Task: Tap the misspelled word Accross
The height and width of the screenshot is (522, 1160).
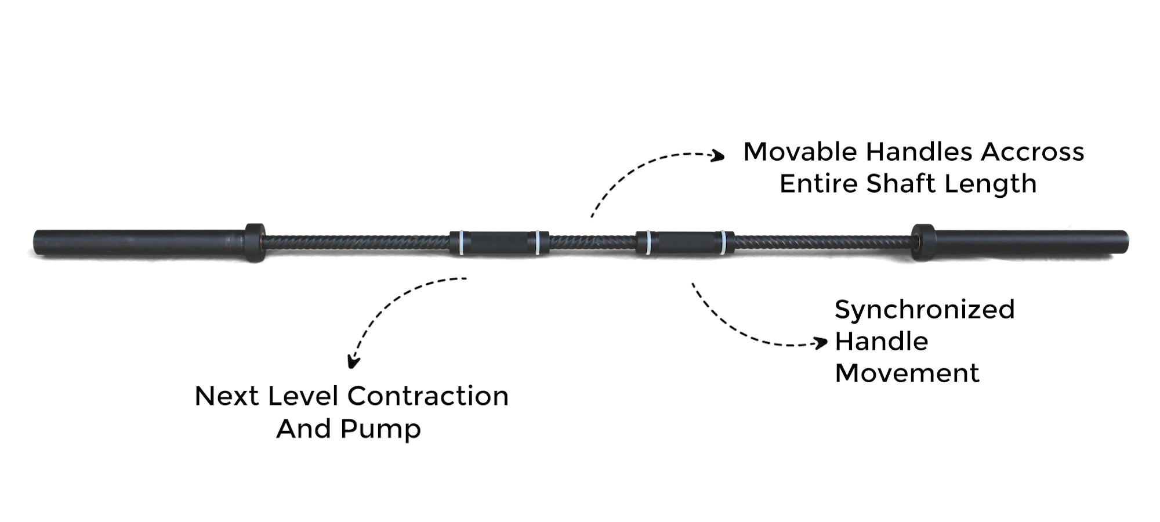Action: click(1032, 152)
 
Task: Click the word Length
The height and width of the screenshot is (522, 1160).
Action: click(990, 184)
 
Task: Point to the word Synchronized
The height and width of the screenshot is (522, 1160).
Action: click(925, 310)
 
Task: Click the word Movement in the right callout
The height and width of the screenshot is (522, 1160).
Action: click(907, 373)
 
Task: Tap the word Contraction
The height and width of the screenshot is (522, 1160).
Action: click(428, 397)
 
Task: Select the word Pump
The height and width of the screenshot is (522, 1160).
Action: click(380, 430)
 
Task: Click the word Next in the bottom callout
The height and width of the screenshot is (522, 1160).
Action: click(226, 397)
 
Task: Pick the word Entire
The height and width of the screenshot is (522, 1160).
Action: click(818, 184)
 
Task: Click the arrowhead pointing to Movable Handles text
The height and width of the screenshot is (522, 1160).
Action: click(719, 155)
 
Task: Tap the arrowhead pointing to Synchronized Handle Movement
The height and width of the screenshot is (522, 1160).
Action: click(821, 343)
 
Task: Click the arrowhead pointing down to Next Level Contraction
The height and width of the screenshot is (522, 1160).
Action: click(353, 362)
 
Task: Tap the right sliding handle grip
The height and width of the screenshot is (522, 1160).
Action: click(685, 242)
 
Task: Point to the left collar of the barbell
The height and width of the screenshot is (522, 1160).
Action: click(255, 242)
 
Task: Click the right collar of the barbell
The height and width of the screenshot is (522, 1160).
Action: click(923, 242)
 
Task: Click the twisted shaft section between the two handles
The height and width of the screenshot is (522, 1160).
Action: click(592, 242)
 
